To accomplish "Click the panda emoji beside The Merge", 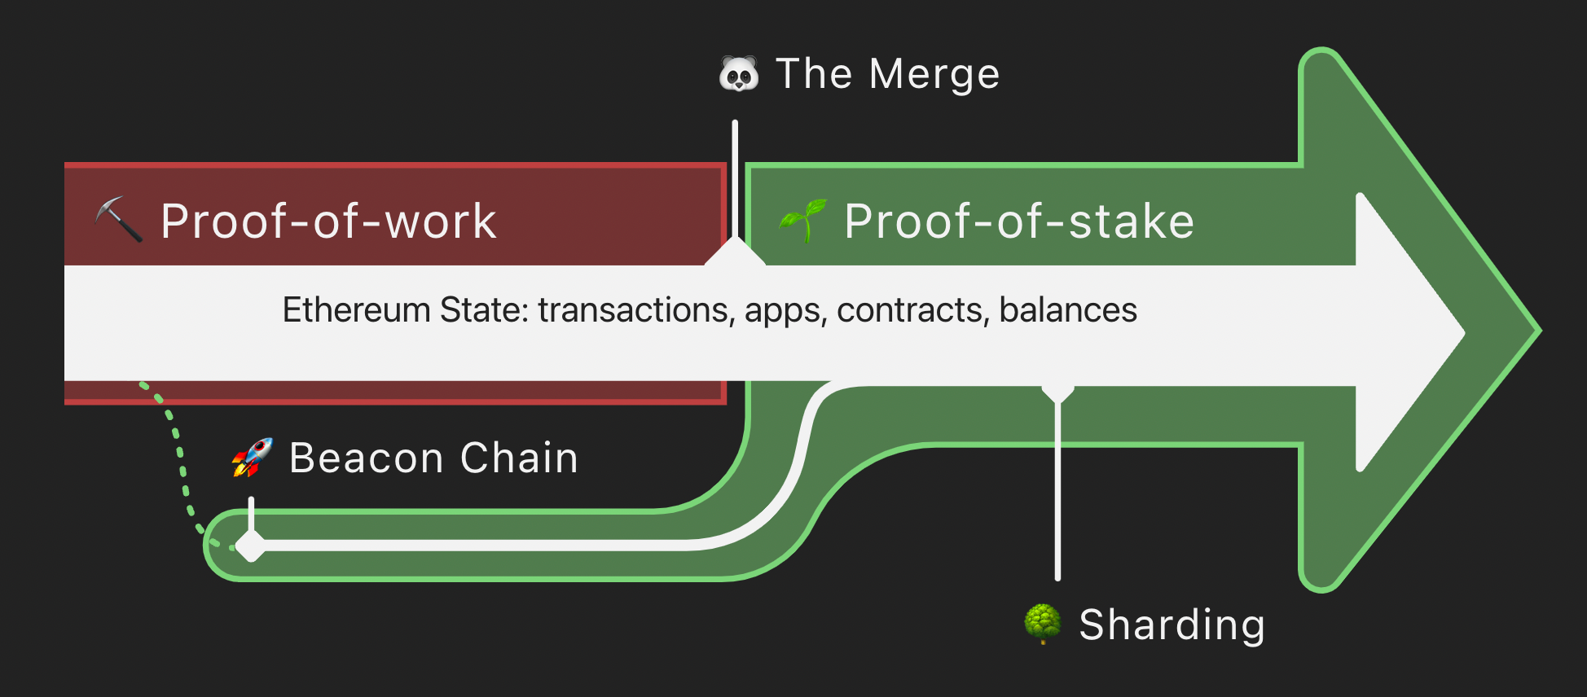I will [x=738, y=75].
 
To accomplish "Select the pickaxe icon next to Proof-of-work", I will [x=119, y=219].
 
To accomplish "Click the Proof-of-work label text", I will [x=328, y=221].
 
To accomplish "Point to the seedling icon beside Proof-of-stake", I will [x=803, y=220].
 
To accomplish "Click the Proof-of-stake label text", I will [x=1019, y=221].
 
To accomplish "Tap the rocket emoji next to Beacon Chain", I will [x=253, y=457].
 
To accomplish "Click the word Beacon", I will [x=365, y=458].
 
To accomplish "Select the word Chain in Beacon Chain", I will [x=519, y=458].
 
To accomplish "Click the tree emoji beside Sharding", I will [x=1042, y=624].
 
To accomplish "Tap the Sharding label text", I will [x=1172, y=625].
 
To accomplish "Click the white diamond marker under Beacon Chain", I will [x=251, y=545].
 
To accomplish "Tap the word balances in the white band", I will [x=1067, y=310].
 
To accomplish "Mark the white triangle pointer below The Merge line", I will [x=735, y=253].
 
